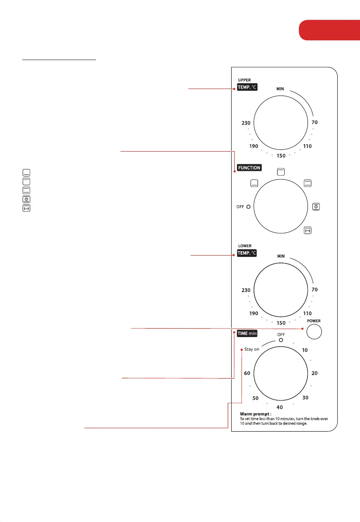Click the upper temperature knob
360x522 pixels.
tap(281, 123)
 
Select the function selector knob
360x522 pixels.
tap(281, 206)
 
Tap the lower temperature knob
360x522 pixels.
tap(281, 290)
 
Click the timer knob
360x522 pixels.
tap(281, 373)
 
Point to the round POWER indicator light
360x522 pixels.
tap(314, 332)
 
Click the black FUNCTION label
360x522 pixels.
tap(249, 168)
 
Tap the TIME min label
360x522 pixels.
tap(247, 333)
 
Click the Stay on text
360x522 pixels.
tap(251, 349)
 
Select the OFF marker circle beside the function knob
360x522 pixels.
tap(248, 207)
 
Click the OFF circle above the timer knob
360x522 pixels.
tap(281, 340)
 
